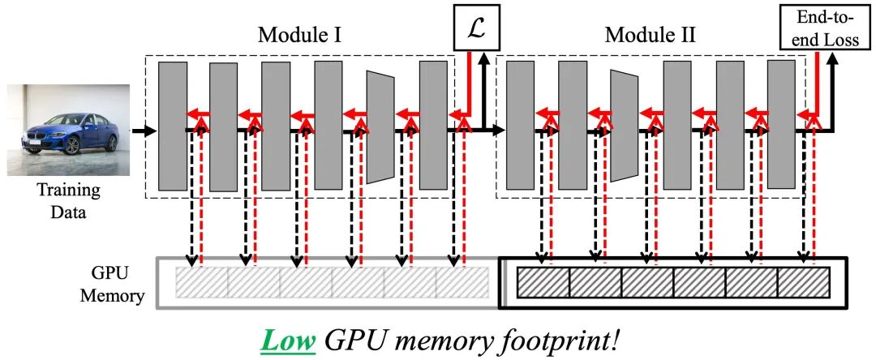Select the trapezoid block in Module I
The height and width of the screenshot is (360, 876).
click(380, 126)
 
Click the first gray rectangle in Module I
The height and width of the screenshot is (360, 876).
click(173, 125)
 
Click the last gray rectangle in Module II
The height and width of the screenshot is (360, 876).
click(781, 123)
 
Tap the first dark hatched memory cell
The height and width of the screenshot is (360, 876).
click(543, 282)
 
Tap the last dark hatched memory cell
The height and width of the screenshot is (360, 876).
click(804, 282)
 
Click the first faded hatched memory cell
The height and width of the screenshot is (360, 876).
click(202, 283)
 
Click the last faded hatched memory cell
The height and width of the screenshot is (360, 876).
click(462, 283)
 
